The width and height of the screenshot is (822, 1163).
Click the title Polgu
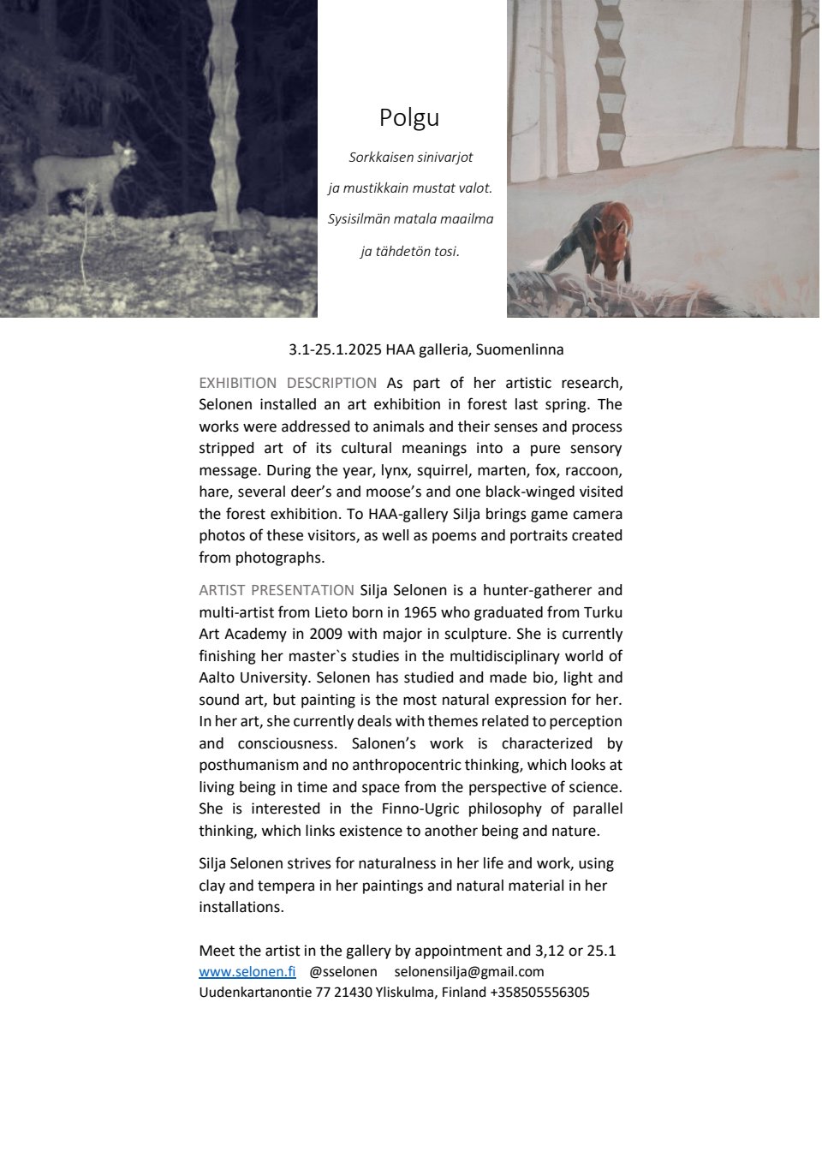[x=409, y=117]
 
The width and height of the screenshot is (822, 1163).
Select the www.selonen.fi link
[x=247, y=971]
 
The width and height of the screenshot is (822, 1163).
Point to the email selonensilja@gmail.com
[x=469, y=971]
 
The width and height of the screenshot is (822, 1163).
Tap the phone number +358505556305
[x=539, y=993]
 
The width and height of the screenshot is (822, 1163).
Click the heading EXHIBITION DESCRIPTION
[x=288, y=383]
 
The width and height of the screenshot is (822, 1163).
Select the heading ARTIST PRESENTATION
[x=276, y=590]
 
